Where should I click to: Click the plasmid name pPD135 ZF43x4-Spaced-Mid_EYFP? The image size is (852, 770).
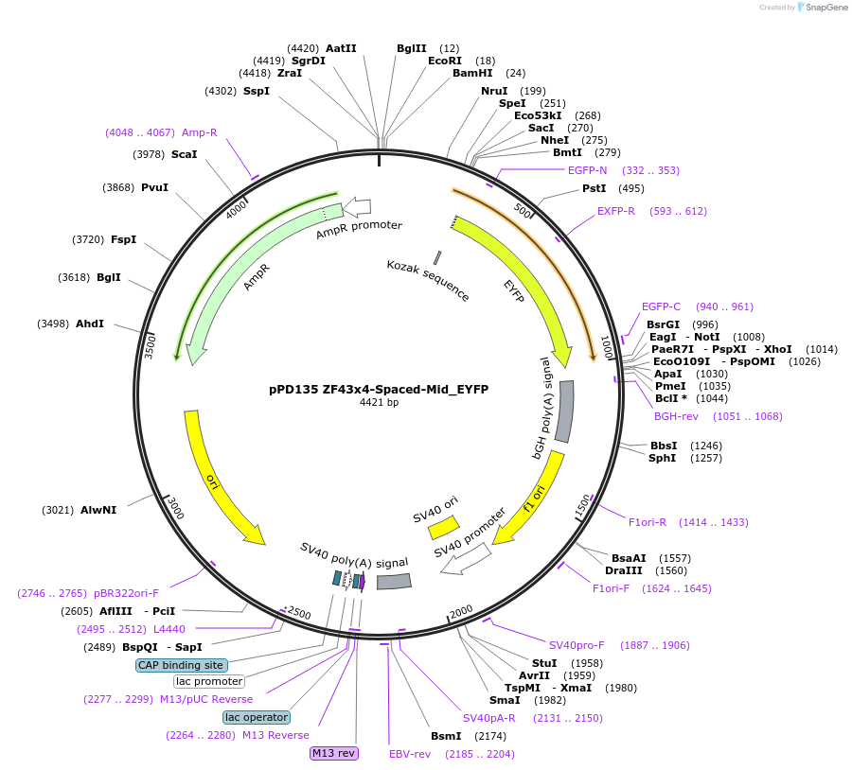[x=379, y=389]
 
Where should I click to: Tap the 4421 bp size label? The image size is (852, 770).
[x=379, y=403]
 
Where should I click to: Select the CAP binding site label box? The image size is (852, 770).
[x=182, y=665]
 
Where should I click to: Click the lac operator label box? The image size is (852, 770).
[x=257, y=717]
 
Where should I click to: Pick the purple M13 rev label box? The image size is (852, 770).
[x=334, y=753]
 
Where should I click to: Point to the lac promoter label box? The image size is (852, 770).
[x=209, y=681]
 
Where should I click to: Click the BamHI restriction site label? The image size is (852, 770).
[x=472, y=73]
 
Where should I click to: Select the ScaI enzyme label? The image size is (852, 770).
[x=184, y=154]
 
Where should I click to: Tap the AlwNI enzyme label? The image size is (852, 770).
[x=98, y=510]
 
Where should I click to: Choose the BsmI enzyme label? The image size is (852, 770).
[x=446, y=735]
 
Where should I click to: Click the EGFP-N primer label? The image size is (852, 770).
[x=587, y=170]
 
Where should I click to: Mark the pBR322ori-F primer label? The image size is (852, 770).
[x=126, y=593]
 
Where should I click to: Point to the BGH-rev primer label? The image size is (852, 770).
[x=676, y=415]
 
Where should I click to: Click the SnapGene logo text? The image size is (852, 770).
[x=826, y=8]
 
